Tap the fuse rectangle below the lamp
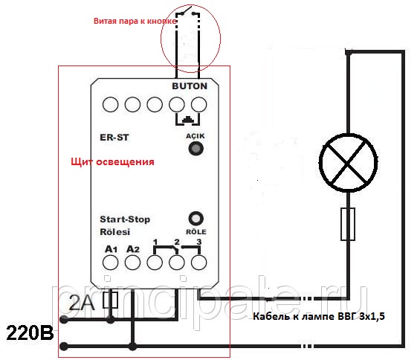tap(348, 224)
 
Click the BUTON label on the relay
tap(190, 86)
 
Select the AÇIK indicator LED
tap(196, 149)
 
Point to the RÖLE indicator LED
tap(196, 219)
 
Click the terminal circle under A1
tap(110, 262)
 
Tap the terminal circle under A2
tap(132, 262)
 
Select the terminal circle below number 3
tap(199, 262)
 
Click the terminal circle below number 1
tap(155, 262)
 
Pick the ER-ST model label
tap(114, 138)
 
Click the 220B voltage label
tap(30, 333)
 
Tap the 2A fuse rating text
tap(82, 303)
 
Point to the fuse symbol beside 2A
tap(110, 300)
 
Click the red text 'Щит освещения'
tap(112, 162)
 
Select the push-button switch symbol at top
tap(188, 12)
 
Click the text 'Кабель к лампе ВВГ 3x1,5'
tap(319, 316)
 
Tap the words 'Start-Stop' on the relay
tap(125, 219)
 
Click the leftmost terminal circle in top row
tap(110, 104)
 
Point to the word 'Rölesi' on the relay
tap(115, 231)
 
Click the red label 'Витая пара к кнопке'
tap(135, 21)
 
